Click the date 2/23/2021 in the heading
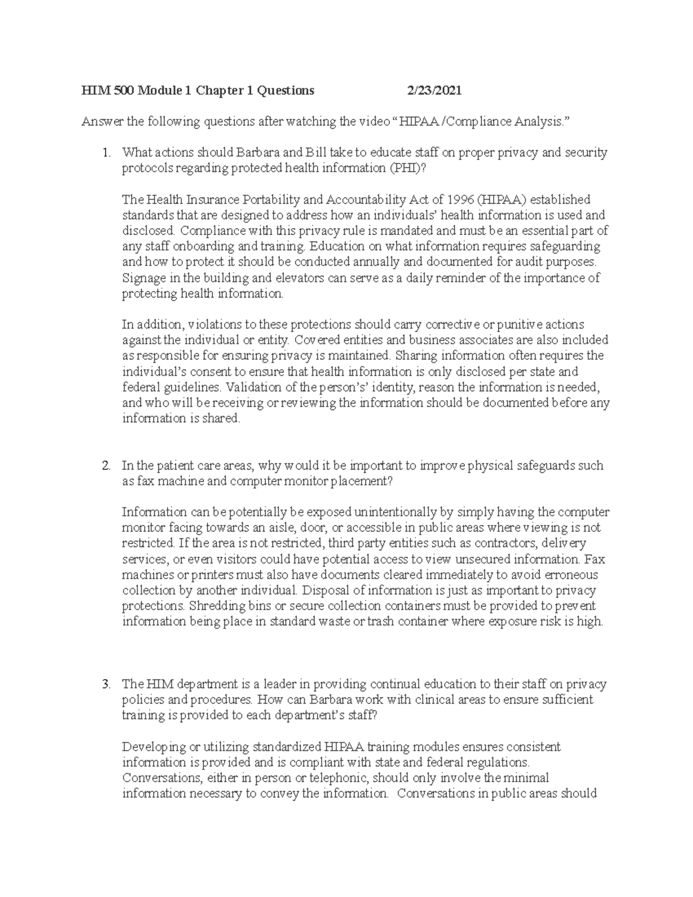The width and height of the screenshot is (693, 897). pos(434,91)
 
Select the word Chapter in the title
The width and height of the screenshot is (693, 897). pos(223,91)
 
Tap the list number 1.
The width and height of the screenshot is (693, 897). pos(105,153)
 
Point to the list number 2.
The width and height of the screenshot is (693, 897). pos(105,466)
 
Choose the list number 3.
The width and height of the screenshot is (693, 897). pos(105,684)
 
